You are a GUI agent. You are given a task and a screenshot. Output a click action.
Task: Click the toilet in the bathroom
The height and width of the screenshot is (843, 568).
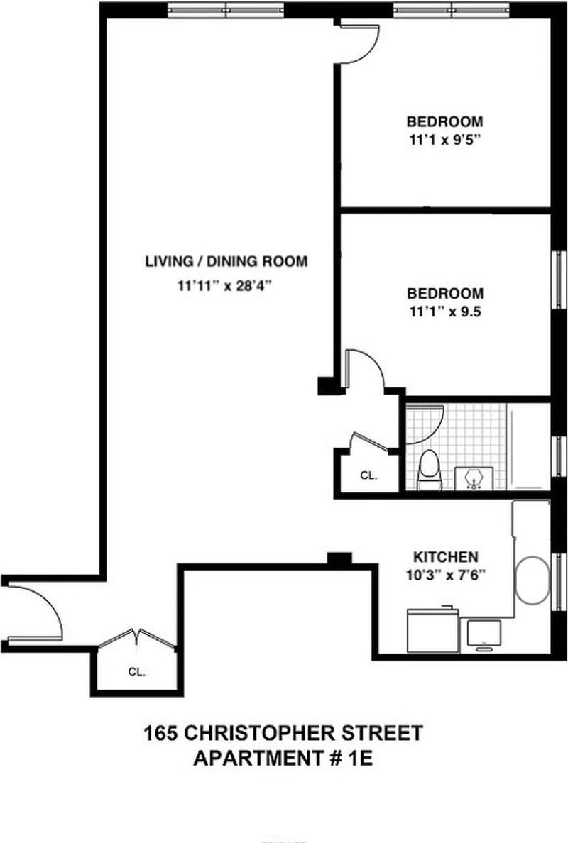(430, 470)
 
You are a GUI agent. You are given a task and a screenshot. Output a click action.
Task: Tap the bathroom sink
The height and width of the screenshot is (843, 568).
(474, 478)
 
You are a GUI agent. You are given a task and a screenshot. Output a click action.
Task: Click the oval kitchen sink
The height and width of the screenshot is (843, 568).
(532, 581)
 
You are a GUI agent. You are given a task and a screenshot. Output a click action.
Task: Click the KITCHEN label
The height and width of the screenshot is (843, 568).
(445, 557)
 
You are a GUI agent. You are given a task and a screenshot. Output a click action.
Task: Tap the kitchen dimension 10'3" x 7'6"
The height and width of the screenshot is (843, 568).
(446, 575)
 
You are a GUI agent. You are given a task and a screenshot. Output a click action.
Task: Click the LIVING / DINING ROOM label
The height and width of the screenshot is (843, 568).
(226, 262)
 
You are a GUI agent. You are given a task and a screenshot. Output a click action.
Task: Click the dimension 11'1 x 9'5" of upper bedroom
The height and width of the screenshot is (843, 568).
(444, 140)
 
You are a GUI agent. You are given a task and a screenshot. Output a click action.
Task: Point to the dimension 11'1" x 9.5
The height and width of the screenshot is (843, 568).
(445, 312)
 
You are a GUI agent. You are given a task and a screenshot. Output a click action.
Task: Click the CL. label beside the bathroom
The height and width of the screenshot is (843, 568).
(368, 476)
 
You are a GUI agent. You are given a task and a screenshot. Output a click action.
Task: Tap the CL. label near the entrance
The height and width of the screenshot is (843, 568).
(136, 671)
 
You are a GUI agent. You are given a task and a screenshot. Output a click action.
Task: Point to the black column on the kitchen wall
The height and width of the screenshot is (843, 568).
(339, 559)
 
